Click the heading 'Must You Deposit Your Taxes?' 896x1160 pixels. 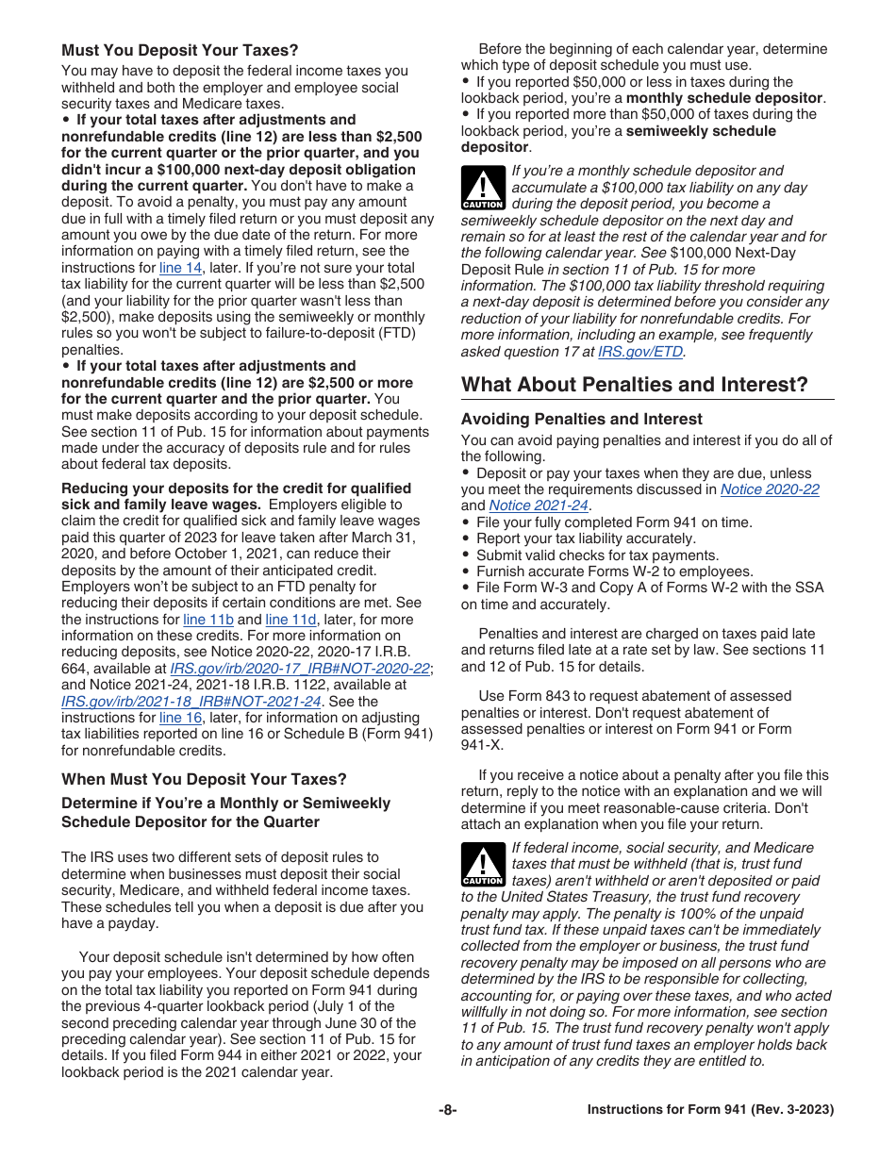pos(179,50)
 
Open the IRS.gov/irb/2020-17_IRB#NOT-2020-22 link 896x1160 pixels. pos(299,669)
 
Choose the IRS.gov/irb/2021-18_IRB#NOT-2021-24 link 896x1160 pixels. pos(191,702)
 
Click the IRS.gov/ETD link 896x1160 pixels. pos(640,352)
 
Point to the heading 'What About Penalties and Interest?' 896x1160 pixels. pos(634,385)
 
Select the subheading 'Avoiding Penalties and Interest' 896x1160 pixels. pos(581,419)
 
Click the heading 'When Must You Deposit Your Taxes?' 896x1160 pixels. pos(204,779)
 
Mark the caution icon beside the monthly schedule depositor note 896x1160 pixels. pos(482,187)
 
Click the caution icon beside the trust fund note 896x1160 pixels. pos(482,864)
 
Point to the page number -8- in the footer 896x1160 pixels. pos(448,1110)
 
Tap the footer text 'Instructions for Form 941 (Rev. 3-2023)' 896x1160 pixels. pos(710,1110)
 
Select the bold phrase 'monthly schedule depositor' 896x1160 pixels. pos(724,98)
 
